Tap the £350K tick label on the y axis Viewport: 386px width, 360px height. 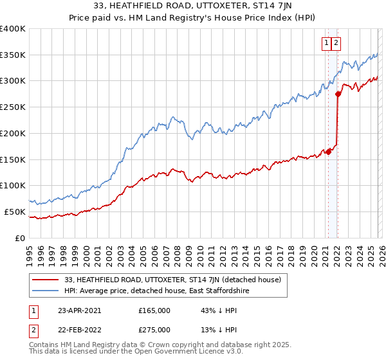point(13,55)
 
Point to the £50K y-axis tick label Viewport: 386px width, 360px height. point(15,212)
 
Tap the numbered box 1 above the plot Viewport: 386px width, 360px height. point(327,43)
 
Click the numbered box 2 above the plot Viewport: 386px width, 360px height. point(336,43)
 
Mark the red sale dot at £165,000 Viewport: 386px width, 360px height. point(328,152)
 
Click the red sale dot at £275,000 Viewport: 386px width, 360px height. point(338,94)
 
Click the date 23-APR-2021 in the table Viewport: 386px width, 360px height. point(79,310)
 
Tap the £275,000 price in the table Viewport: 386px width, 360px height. point(154,329)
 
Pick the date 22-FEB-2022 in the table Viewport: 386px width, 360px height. point(79,329)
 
